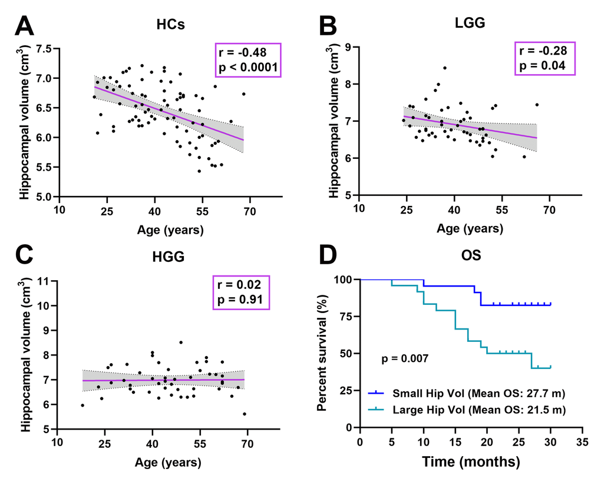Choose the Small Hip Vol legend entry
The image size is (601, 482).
(x=465, y=391)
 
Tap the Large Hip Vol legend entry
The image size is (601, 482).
(x=465, y=410)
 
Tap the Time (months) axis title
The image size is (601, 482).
(x=470, y=463)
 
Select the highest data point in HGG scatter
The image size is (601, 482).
(x=181, y=342)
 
